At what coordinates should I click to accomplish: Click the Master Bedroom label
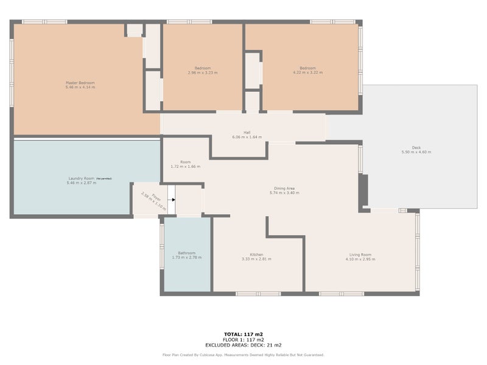tap(80, 83)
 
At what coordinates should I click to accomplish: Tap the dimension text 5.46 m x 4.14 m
tap(80, 88)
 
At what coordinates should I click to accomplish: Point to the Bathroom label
tap(186, 253)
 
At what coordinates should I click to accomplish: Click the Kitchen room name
tap(256, 254)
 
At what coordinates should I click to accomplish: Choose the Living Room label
tap(360, 254)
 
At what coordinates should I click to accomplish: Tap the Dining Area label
tap(284, 188)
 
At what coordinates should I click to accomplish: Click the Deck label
tap(416, 147)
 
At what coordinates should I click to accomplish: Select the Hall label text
tap(247, 132)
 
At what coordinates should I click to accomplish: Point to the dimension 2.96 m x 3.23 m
tap(203, 72)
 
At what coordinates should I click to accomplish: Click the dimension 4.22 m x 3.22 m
tap(307, 72)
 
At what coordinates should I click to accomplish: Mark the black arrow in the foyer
tap(172, 199)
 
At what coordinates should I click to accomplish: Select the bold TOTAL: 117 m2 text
tap(243, 335)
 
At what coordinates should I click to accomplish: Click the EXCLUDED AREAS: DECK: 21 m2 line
tap(243, 344)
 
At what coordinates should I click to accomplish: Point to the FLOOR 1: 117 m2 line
tap(243, 339)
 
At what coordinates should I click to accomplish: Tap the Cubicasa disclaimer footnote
tap(243, 354)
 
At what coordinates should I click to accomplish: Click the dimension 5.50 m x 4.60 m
tap(416, 152)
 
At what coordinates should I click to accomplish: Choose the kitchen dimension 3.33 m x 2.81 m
tap(256, 259)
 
